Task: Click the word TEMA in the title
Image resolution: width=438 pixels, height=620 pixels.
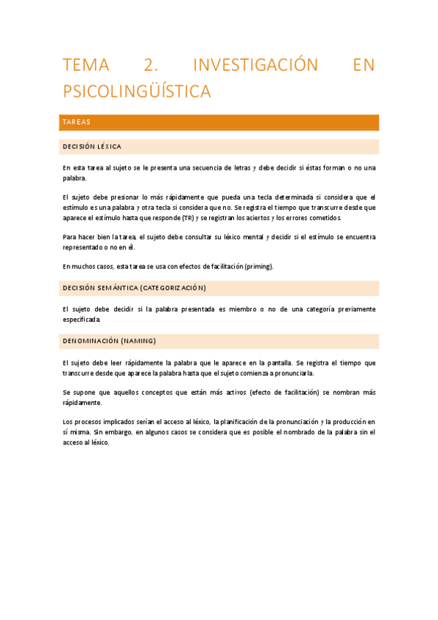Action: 86,65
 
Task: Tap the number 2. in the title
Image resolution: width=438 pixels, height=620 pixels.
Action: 151,65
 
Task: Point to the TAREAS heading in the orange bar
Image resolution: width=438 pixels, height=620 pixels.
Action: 77,122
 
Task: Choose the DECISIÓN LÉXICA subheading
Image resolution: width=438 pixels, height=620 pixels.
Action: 92,147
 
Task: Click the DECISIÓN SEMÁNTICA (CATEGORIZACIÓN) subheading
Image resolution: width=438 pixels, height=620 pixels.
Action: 134,288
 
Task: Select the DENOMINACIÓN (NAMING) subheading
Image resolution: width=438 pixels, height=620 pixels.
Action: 109,341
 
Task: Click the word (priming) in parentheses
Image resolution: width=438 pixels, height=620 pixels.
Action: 259,266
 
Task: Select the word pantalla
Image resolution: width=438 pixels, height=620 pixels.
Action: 275,363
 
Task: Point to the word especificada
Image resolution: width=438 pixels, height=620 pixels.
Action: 82,320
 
